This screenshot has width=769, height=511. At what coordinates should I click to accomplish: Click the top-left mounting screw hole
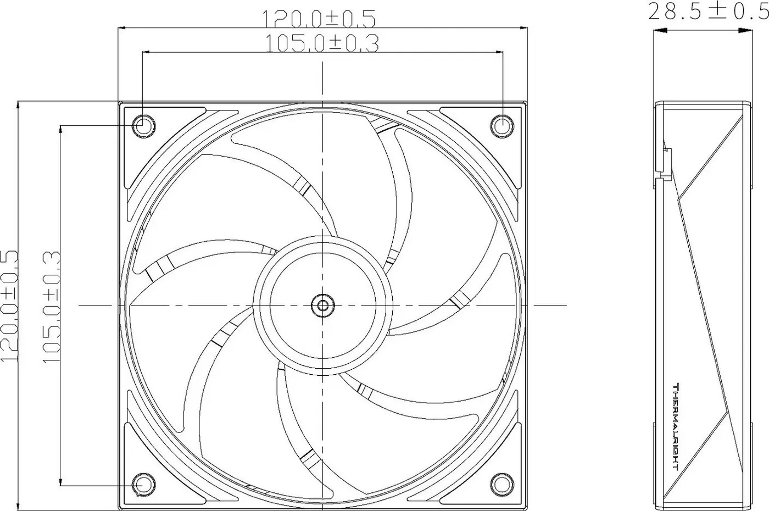pyautogui.click(x=143, y=126)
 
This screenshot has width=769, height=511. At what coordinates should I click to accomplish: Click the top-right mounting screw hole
pyautogui.click(x=502, y=126)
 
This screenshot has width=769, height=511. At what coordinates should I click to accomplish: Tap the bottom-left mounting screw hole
pyautogui.click(x=143, y=485)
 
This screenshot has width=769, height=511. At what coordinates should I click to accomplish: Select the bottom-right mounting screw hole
pyautogui.click(x=502, y=485)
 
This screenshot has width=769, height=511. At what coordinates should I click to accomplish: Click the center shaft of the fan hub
pyautogui.click(x=323, y=306)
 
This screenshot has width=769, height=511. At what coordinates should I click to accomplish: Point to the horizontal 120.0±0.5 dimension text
pyautogui.click(x=319, y=19)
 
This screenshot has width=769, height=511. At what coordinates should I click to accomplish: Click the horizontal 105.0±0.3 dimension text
pyautogui.click(x=322, y=43)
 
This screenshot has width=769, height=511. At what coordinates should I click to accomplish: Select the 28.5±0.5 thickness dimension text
pyautogui.click(x=708, y=12)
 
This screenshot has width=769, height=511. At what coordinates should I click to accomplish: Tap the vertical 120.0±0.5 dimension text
pyautogui.click(x=9, y=306)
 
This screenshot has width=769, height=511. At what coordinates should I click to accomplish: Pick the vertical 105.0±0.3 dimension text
pyautogui.click(x=52, y=307)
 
